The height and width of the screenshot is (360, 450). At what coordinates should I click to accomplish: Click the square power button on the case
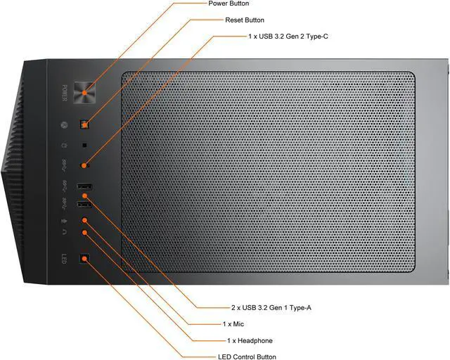(86, 90)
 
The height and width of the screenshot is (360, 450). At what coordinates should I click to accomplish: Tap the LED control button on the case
(85, 257)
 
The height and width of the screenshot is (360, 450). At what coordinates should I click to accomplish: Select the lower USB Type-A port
(84, 205)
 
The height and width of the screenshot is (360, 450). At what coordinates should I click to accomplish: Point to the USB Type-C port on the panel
(85, 166)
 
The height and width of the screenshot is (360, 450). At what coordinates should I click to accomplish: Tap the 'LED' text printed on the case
(63, 258)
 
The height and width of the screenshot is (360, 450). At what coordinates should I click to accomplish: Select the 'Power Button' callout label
(229, 4)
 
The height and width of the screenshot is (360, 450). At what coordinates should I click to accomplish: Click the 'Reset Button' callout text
(245, 20)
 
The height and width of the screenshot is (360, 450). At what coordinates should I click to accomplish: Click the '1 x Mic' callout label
(235, 324)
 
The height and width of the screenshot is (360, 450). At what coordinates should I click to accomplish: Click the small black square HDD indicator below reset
(85, 146)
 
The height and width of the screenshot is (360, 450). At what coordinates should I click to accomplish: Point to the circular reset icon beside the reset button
(63, 126)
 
